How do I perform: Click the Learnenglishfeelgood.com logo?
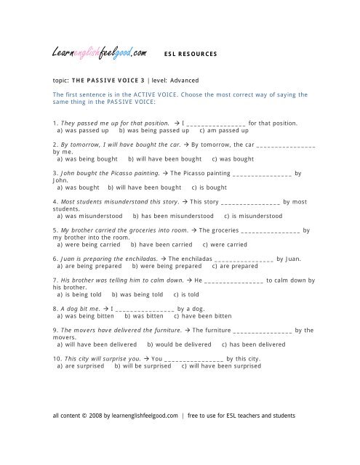coord(100,52)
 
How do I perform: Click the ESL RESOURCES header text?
coord(191,54)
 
